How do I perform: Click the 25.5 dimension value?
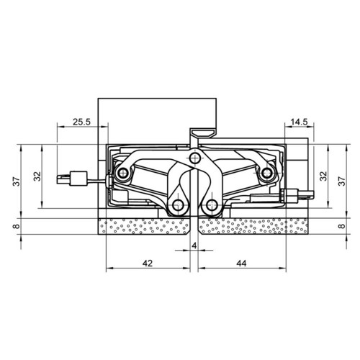pyautogui.click(x=81, y=122)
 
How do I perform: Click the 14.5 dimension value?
pyautogui.click(x=299, y=122)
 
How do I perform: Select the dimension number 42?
pyautogui.click(x=148, y=264)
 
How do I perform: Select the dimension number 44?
pyautogui.click(x=241, y=264)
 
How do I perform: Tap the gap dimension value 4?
pyautogui.click(x=194, y=246)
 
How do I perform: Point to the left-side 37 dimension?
pyautogui.click(x=17, y=181)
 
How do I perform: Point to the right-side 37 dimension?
pyautogui.click(x=341, y=181)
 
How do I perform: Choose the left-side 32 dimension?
pyautogui.click(x=37, y=176)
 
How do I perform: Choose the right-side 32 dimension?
pyautogui.click(x=323, y=176)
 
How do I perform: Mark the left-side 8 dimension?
pyautogui.click(x=17, y=226)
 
